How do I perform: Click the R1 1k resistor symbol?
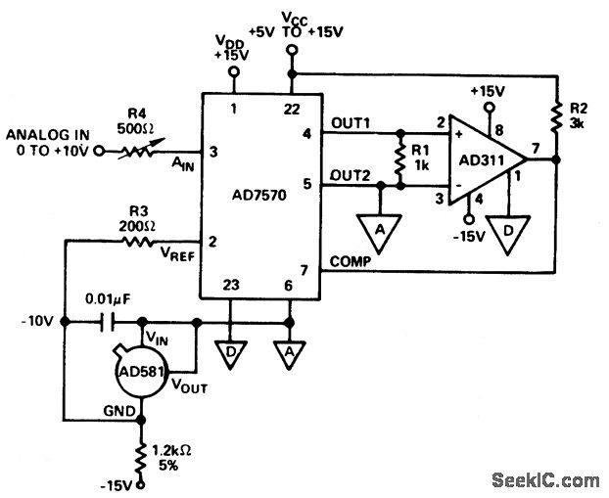click(x=398, y=158)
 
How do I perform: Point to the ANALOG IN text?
click(x=46, y=134)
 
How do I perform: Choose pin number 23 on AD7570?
click(x=231, y=287)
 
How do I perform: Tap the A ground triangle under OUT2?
click(x=377, y=226)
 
